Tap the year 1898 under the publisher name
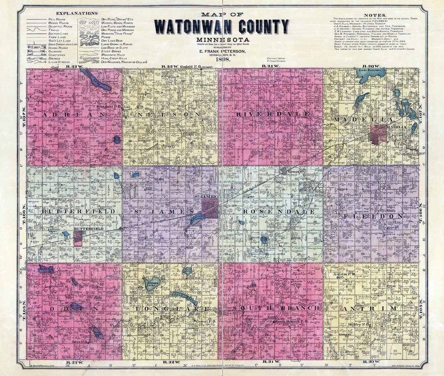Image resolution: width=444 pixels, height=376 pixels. [222, 60]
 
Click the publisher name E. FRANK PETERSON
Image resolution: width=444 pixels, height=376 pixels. [222, 51]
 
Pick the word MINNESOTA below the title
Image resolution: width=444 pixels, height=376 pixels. [222, 39]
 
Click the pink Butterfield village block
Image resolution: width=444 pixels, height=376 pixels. [78, 238]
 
